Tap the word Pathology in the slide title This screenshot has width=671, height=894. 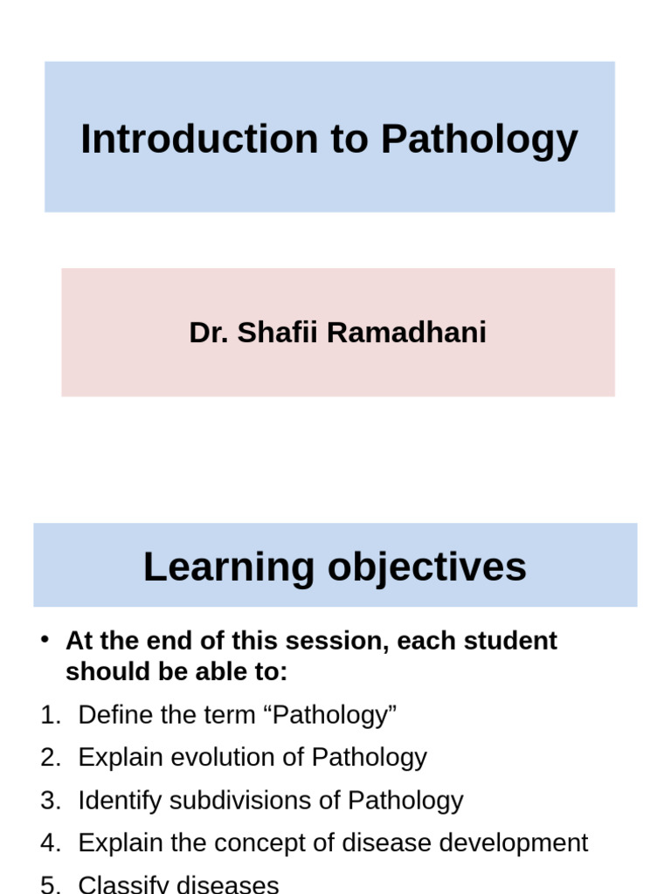coord(479,140)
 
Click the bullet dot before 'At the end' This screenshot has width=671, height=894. coord(45,640)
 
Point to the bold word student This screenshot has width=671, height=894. coord(510,641)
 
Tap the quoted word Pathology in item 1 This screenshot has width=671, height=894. coord(335,715)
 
